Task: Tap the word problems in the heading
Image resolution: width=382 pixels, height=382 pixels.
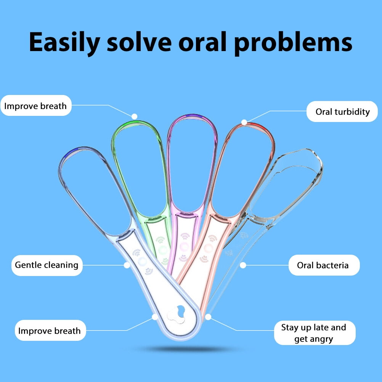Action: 293,43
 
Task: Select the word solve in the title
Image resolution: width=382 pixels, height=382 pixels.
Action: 139,43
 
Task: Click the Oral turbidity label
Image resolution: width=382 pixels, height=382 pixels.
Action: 342,111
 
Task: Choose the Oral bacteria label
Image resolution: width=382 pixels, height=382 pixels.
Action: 323,265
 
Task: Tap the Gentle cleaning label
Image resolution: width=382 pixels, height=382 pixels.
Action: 47,265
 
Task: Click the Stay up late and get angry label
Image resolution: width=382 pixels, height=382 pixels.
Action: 314,333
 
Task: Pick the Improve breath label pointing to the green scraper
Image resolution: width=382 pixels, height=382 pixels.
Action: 35,106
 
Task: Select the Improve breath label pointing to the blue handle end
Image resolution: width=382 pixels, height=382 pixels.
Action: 50,331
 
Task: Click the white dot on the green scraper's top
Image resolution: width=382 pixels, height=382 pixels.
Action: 134,116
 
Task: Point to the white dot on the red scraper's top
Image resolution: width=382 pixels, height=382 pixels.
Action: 244,122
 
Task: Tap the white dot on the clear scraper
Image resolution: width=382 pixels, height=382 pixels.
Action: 242,265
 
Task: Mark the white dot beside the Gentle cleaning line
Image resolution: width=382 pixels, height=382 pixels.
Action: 127,264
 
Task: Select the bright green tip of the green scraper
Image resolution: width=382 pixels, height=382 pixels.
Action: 130,123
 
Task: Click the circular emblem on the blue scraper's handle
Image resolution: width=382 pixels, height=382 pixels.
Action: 142,261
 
